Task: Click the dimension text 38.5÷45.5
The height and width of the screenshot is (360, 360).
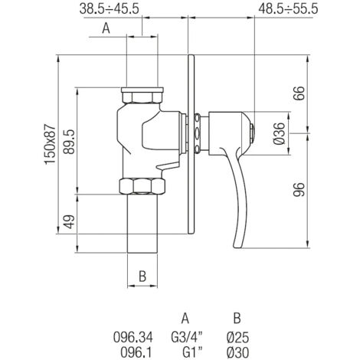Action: click(x=110, y=9)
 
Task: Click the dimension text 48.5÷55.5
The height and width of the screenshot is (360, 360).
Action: click(x=288, y=9)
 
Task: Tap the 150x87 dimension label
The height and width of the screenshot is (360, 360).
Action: click(x=51, y=144)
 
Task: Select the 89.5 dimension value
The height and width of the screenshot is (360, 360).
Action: click(x=69, y=142)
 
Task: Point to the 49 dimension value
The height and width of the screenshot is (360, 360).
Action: click(x=69, y=221)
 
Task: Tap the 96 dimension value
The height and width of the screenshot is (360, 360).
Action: click(x=299, y=190)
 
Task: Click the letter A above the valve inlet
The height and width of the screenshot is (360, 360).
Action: click(x=106, y=28)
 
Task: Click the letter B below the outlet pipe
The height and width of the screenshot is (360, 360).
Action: click(x=142, y=277)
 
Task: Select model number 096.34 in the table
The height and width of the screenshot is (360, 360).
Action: click(x=133, y=337)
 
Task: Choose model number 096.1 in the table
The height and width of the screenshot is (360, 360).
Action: click(x=136, y=352)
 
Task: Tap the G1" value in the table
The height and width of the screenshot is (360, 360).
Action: click(x=192, y=352)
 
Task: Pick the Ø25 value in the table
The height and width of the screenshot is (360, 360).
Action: click(x=237, y=337)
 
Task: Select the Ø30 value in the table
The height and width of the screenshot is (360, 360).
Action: click(x=237, y=352)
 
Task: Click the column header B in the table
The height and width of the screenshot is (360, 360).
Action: click(x=237, y=319)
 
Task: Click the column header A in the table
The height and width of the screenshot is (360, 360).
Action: click(x=185, y=319)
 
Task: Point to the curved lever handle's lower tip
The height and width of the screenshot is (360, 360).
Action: click(x=237, y=247)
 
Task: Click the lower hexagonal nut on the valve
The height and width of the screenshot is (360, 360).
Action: click(x=142, y=186)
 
